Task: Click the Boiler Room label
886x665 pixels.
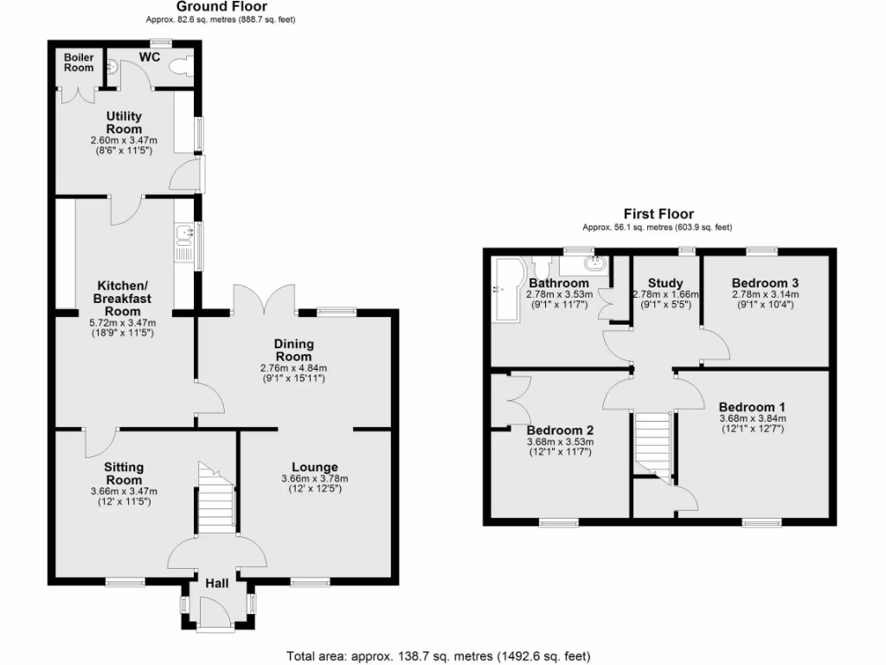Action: [x=79, y=63]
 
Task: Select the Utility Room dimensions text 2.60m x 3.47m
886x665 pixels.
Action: [x=124, y=140]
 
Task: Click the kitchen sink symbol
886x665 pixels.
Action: [x=183, y=234]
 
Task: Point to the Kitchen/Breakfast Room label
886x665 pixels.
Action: [x=123, y=298]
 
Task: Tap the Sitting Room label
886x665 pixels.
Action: [x=124, y=474]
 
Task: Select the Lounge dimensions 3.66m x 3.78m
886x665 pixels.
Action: [x=314, y=479]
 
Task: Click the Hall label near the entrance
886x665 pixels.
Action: [x=216, y=584]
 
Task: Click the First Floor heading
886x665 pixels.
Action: [x=658, y=214]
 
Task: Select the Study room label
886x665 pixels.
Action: [x=664, y=283]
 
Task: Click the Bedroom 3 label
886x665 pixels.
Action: [x=765, y=283]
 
